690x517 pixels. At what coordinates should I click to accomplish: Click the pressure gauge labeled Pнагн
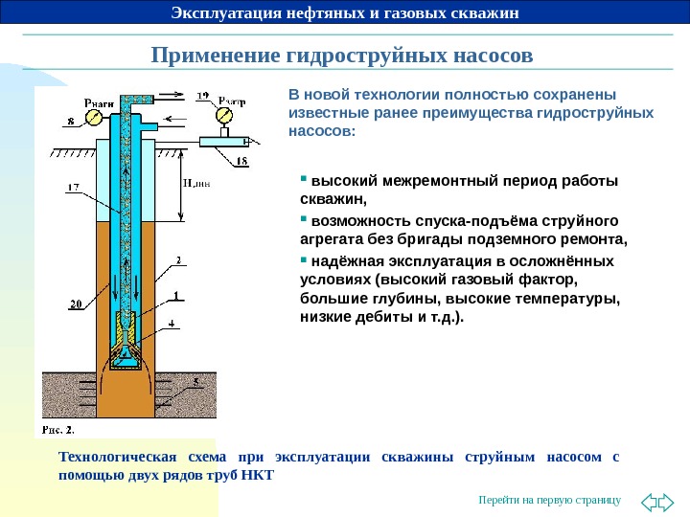pos(94,117)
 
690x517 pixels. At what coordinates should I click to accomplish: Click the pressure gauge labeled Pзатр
pos(224,116)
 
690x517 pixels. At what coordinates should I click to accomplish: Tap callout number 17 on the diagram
pos(73,188)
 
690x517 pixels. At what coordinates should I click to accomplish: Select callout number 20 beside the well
pos(75,304)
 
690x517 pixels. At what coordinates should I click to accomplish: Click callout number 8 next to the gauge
pos(70,122)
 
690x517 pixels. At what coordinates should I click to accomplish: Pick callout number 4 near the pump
pos(172,324)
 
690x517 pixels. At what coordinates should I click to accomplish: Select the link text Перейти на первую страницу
pos(550,501)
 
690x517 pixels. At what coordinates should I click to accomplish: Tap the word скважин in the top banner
pos(486,12)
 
